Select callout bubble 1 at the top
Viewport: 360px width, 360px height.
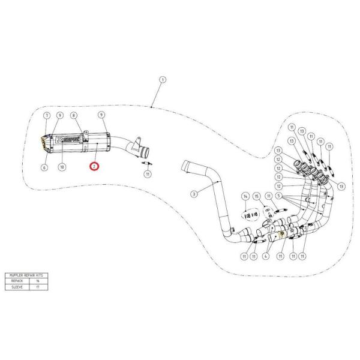click(x=162, y=80)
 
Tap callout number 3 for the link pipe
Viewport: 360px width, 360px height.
click(x=194, y=193)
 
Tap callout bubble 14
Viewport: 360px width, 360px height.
click(x=245, y=197)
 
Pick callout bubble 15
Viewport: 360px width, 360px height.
click(x=256, y=197)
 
